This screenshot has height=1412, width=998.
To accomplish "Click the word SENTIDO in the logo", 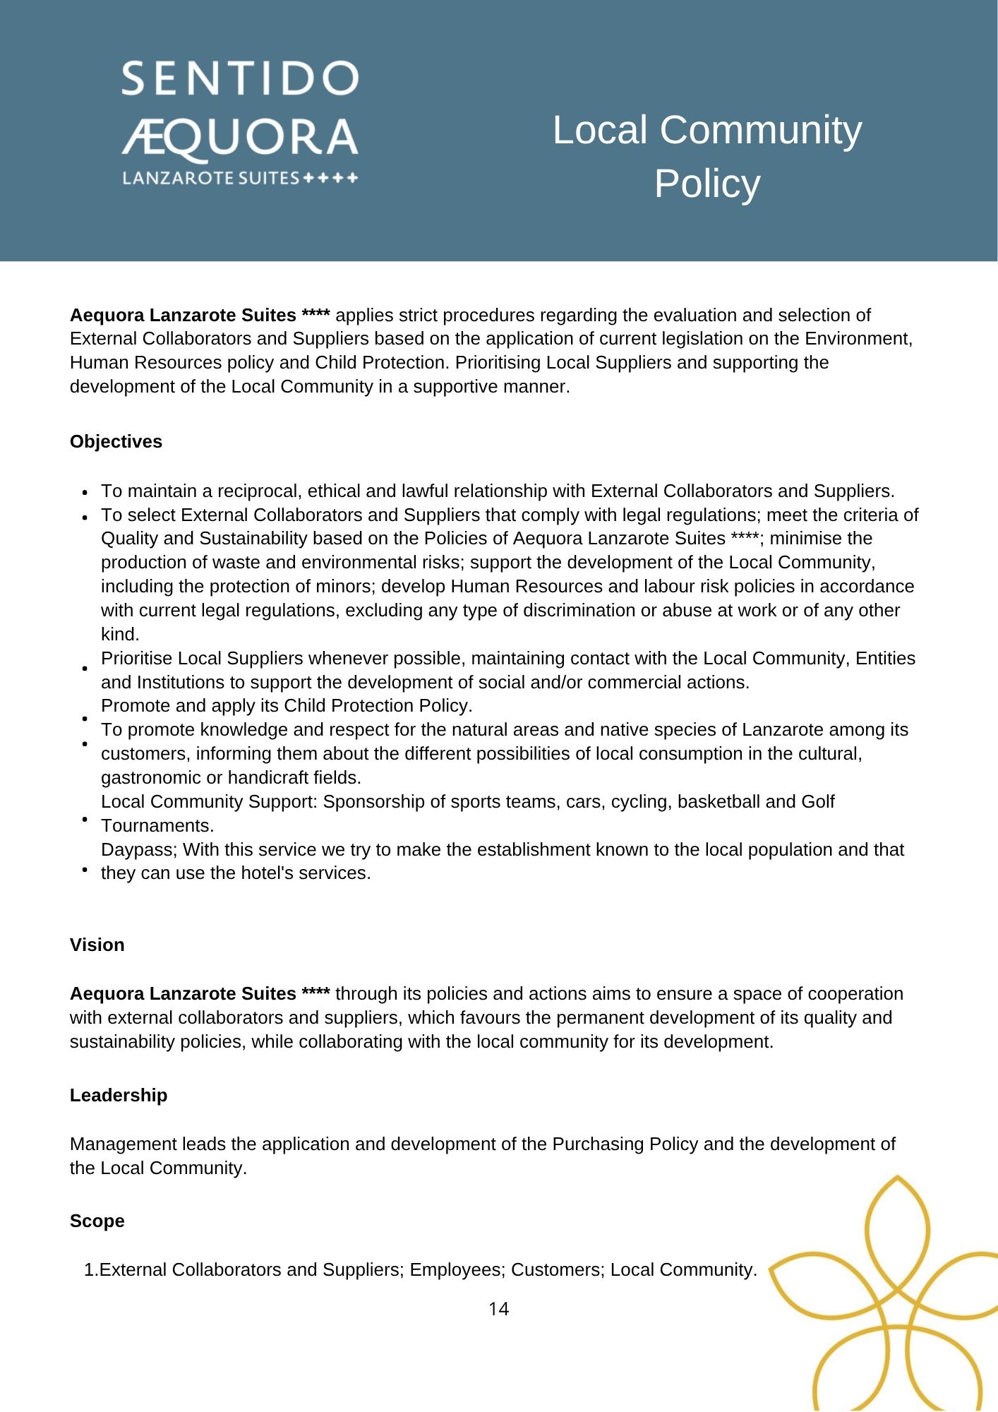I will (240, 78).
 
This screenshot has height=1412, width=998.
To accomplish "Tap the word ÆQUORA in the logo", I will (240, 138).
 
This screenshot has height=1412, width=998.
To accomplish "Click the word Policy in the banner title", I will (707, 184).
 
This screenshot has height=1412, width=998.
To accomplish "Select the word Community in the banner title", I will (761, 131).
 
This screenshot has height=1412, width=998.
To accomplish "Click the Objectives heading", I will (116, 441).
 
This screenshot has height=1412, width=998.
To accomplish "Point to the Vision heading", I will (97, 945).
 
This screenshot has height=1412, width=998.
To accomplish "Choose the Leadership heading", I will (119, 1095).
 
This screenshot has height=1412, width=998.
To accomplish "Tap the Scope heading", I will (97, 1221).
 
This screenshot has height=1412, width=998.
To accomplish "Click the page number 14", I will (498, 1309).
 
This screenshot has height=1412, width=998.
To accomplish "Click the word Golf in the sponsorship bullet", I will (817, 801).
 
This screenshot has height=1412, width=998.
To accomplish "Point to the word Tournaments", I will (157, 825).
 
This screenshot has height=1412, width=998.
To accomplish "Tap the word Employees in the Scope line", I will (457, 1269).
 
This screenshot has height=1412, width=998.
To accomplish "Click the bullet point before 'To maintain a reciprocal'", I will (85, 492).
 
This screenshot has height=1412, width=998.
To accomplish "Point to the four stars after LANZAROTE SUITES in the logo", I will (330, 178).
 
